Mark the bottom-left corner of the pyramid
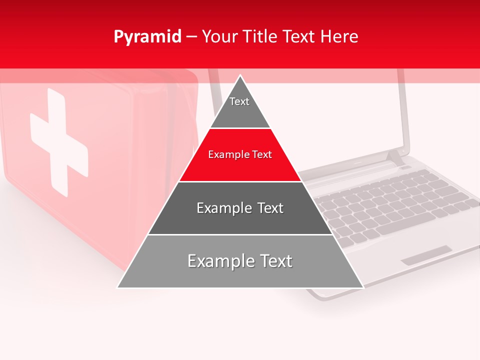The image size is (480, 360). pyautogui.click(x=117, y=287)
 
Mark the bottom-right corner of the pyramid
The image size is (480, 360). pyautogui.click(x=363, y=287)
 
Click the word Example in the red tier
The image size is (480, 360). pyautogui.click(x=227, y=155)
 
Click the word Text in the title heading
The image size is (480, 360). pyautogui.click(x=298, y=37)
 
